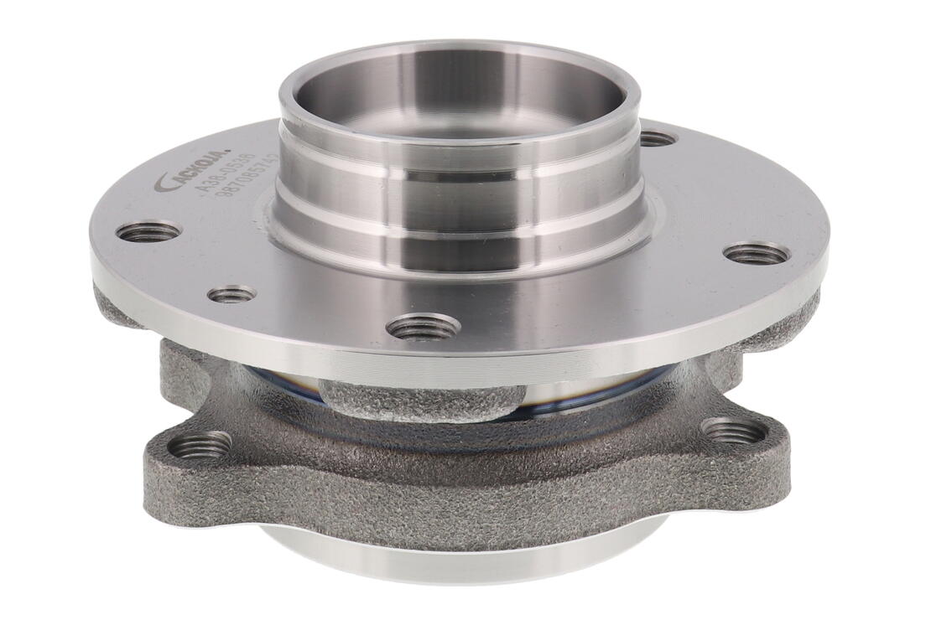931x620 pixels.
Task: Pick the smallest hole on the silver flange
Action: [231, 294]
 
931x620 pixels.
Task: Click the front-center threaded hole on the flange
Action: [426, 326]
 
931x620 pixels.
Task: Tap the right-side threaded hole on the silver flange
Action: [756, 252]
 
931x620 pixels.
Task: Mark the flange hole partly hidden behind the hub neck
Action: [657, 138]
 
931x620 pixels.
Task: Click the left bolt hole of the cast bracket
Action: [200, 445]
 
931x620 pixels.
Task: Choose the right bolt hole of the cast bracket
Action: [732, 431]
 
